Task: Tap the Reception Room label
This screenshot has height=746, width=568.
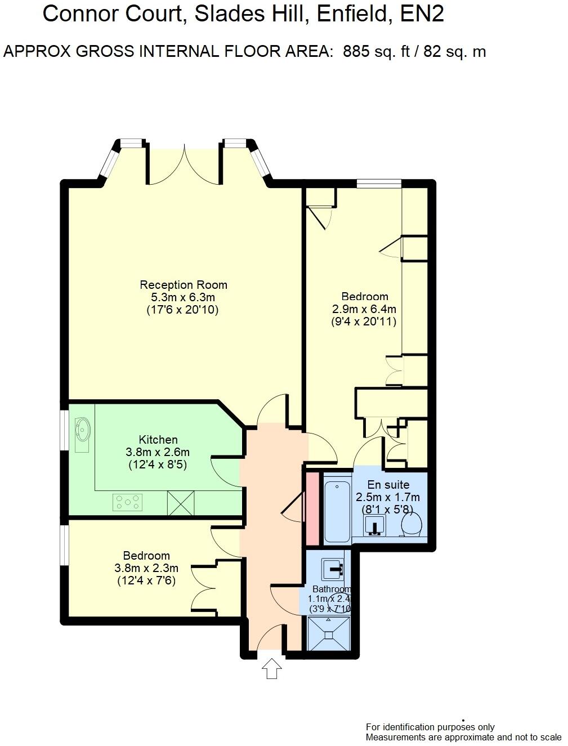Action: tap(184, 285)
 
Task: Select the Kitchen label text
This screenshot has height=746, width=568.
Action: tap(158, 440)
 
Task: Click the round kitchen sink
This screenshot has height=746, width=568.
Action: tap(82, 431)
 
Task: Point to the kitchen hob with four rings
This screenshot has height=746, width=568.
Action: tap(128, 502)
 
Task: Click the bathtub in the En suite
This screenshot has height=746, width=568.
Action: tap(337, 510)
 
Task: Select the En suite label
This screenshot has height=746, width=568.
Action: tap(388, 485)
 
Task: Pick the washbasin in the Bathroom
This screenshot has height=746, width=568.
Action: tap(333, 570)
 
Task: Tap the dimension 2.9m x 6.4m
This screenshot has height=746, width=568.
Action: tap(364, 309)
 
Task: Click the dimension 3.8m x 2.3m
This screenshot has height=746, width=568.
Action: tap(146, 568)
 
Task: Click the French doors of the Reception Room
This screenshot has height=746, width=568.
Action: tap(184, 163)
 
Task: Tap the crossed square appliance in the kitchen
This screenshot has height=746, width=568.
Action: tap(181, 502)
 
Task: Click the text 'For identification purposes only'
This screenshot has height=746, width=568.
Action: tap(430, 727)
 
